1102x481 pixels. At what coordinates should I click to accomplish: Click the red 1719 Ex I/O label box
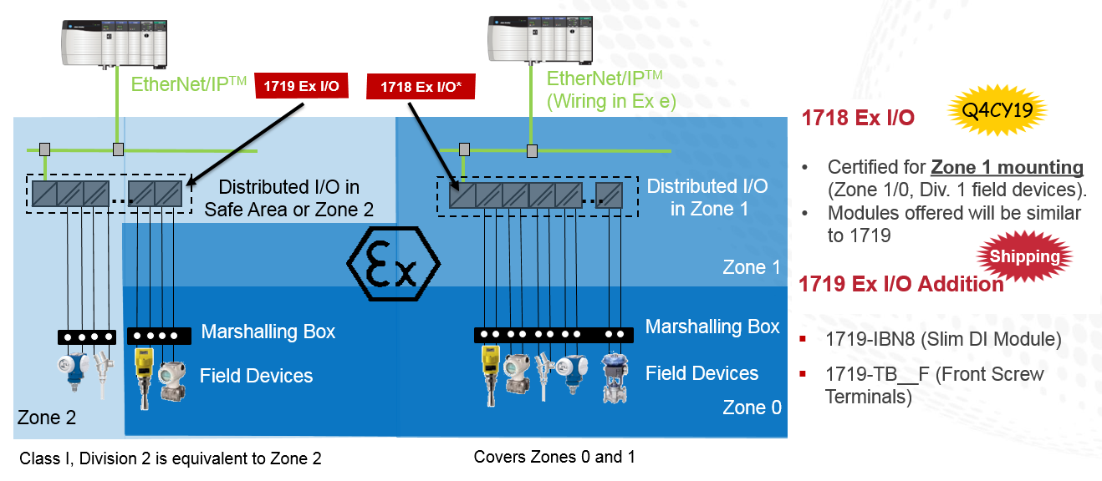point(300,85)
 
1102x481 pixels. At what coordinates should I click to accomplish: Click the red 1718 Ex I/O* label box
point(421,86)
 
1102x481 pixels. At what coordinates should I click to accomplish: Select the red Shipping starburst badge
point(1024,256)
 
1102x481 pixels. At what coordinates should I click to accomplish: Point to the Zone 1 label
point(751,267)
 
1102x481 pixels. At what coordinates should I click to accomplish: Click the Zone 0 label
point(752,408)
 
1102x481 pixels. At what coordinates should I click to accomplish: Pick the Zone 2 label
point(47,417)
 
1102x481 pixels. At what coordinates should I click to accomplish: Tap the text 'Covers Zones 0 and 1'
point(559,457)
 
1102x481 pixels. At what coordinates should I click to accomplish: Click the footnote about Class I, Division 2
point(171,458)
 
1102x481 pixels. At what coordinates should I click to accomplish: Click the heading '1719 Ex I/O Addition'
point(901,284)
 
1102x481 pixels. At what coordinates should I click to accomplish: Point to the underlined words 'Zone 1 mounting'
point(1008,167)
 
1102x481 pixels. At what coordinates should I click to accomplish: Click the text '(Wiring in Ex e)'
point(611,102)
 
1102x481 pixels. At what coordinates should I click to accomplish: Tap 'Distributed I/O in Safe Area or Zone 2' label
point(288,197)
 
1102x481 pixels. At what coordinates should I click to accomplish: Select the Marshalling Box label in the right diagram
point(712,327)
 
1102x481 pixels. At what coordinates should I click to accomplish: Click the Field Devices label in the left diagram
point(256,376)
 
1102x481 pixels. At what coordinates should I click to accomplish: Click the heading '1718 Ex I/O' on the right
point(858,118)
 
